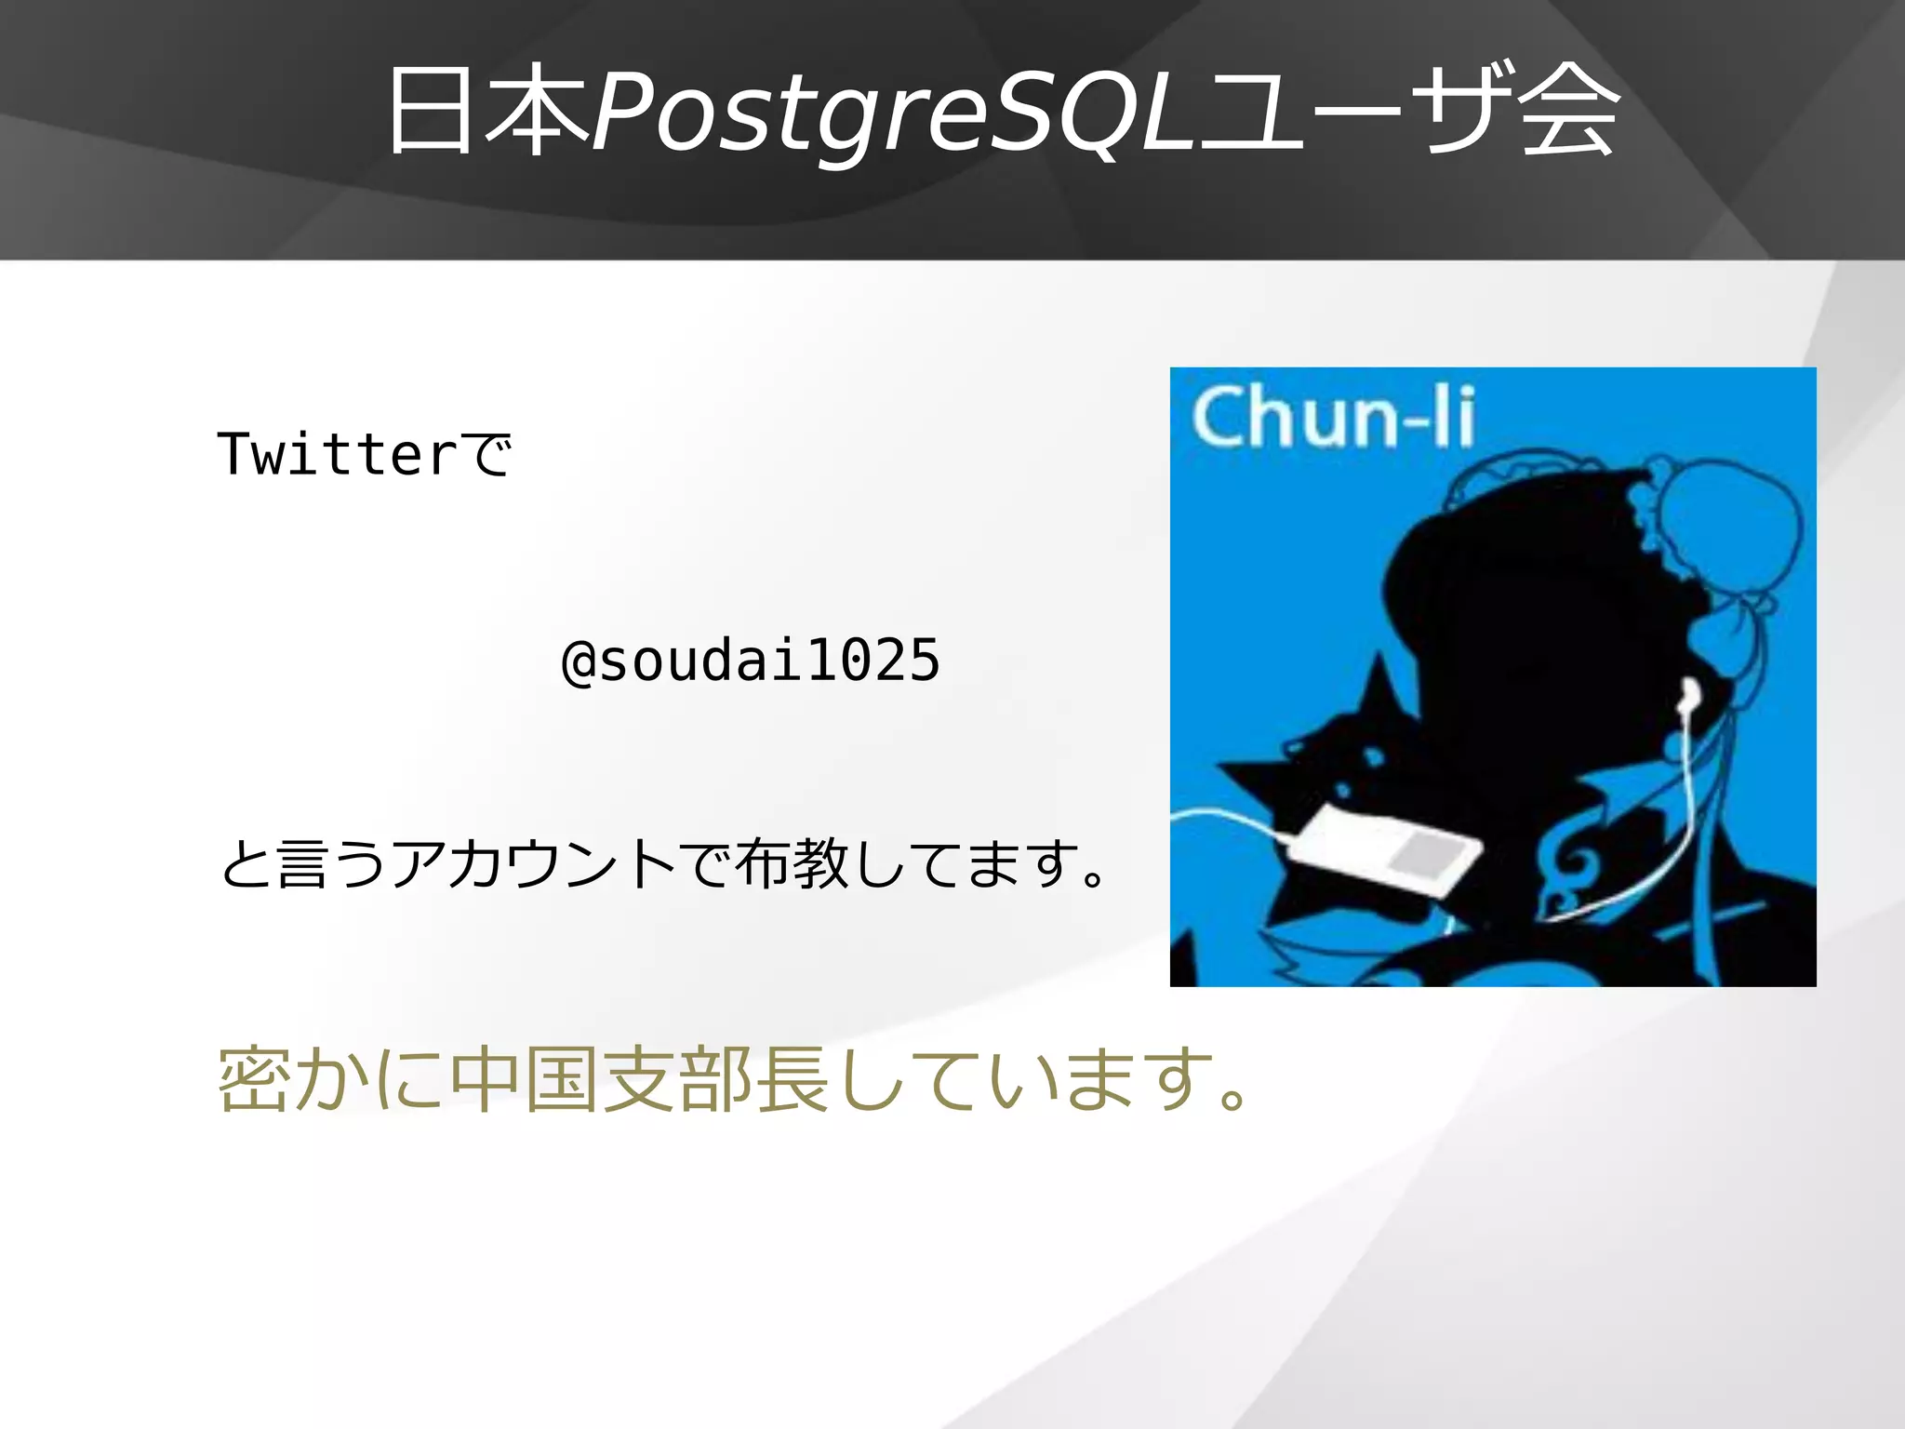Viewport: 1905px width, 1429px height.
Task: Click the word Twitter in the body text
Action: tap(338, 455)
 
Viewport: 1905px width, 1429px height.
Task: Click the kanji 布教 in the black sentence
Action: tap(792, 864)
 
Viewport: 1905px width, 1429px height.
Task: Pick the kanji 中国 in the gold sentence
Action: tap(524, 1080)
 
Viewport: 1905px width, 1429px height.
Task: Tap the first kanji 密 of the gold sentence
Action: tap(254, 1080)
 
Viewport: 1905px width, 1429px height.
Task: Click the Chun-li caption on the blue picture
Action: tap(1333, 418)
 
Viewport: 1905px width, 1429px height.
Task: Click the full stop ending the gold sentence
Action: tap(1234, 1099)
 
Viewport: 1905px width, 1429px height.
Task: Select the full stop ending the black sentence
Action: tap(1095, 877)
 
